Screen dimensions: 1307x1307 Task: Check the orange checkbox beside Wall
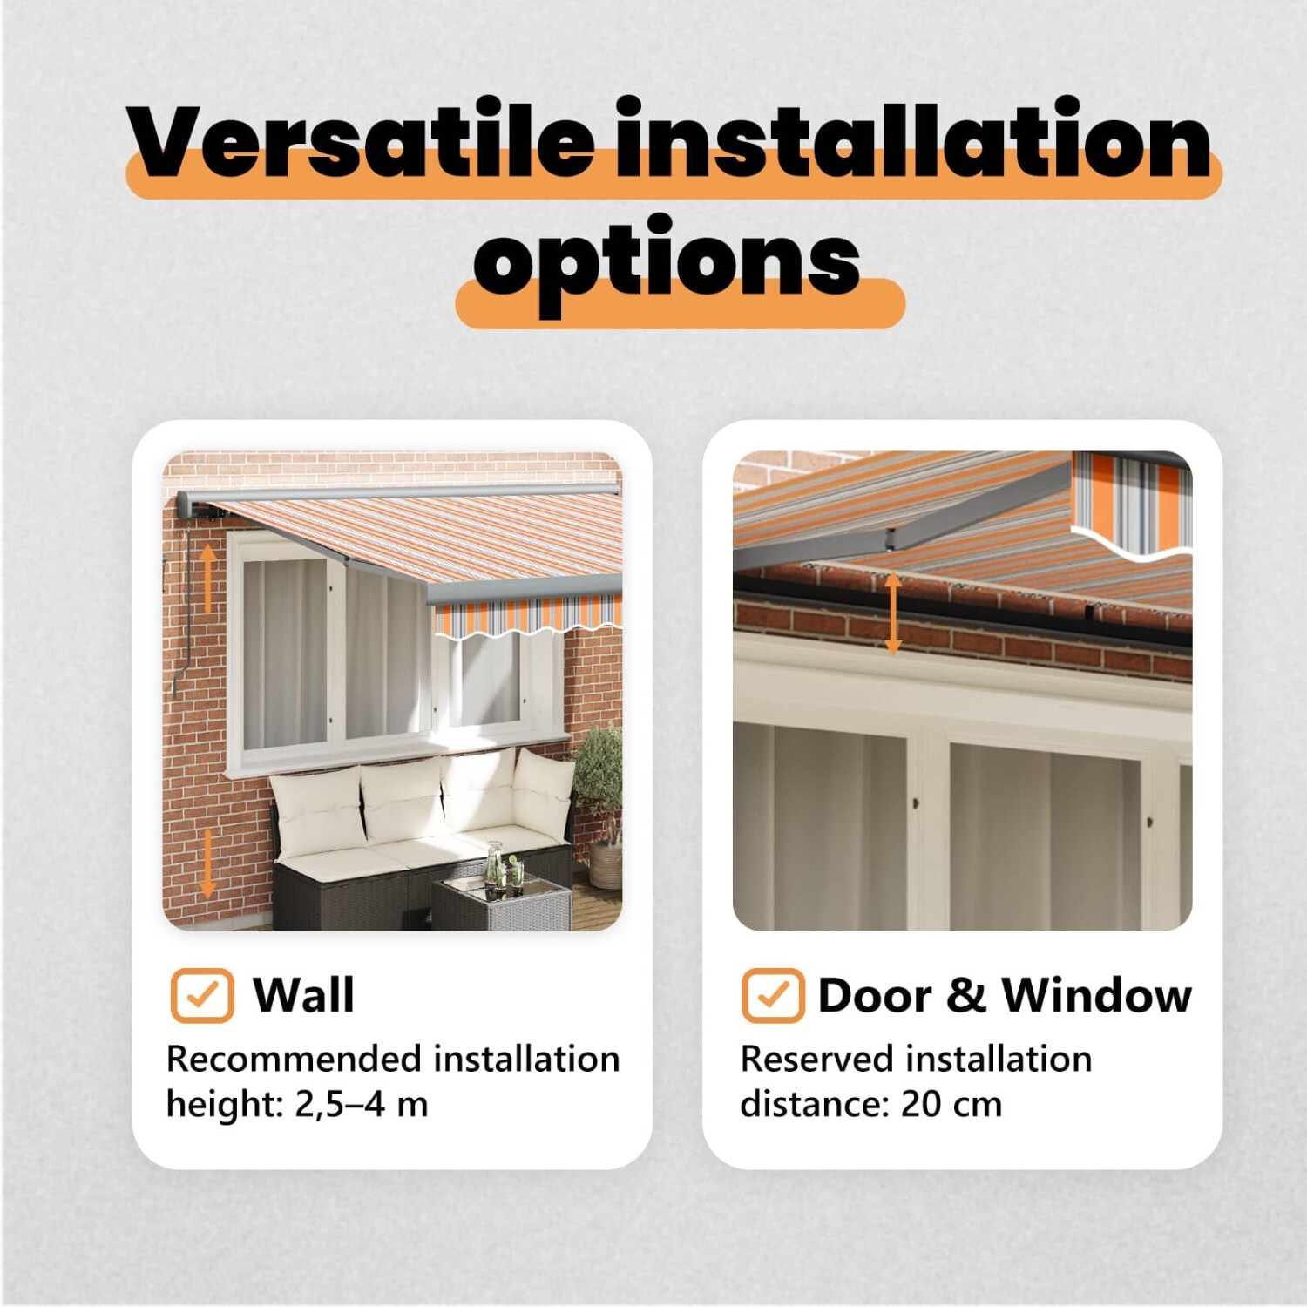pos(202,995)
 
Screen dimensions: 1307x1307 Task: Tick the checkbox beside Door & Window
pos(773,995)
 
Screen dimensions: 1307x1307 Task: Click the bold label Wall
pos(303,994)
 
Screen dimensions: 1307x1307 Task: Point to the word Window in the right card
pos(1096,994)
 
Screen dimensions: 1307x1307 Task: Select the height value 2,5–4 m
pos(362,1104)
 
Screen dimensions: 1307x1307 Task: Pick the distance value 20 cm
pos(951,1104)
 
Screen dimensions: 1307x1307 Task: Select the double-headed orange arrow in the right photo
pos(893,614)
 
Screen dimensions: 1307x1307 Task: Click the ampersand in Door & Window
pos(965,994)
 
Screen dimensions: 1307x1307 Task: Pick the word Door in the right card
pos(875,994)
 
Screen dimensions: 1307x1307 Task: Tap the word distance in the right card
pos(815,1104)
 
